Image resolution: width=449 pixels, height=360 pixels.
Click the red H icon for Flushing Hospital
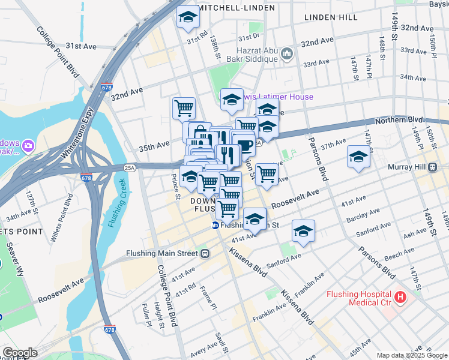(x=400, y=297)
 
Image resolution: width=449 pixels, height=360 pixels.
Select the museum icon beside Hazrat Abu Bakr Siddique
(x=286, y=55)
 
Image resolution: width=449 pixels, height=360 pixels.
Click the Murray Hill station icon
(x=432, y=166)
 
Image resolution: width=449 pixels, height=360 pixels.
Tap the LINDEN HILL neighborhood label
(x=331, y=18)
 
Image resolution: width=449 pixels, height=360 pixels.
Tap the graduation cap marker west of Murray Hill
(x=358, y=157)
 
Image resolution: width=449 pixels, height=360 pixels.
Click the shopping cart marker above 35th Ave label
(x=184, y=108)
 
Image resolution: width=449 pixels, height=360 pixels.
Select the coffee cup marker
(x=244, y=144)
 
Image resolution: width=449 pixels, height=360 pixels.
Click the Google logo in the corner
(x=19, y=352)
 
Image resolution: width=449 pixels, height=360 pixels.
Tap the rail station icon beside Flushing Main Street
(x=205, y=253)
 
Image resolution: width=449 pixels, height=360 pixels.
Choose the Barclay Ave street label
(x=367, y=217)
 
